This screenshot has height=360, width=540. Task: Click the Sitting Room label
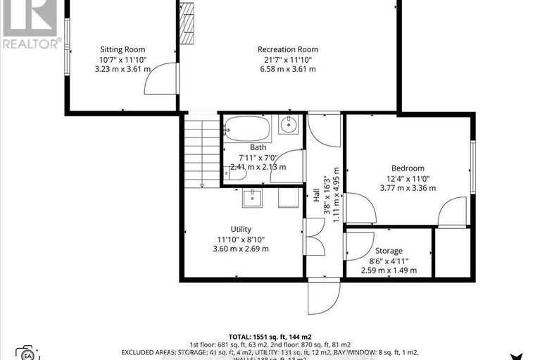(x=122, y=49)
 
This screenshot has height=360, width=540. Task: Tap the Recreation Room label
(x=287, y=49)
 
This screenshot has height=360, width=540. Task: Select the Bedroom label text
(x=408, y=168)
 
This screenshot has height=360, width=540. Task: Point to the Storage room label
(x=388, y=251)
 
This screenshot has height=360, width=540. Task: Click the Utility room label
(x=241, y=229)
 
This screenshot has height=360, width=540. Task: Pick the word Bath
(x=258, y=147)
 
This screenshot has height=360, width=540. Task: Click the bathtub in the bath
(x=247, y=129)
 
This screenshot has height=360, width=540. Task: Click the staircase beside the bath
(x=202, y=151)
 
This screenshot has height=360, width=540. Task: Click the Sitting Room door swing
(x=158, y=79)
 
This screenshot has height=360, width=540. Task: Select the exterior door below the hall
(x=323, y=296)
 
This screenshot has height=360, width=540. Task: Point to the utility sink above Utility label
(x=252, y=199)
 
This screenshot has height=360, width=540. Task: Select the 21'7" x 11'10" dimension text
(x=287, y=59)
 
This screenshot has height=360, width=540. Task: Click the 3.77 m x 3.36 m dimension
(x=408, y=188)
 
